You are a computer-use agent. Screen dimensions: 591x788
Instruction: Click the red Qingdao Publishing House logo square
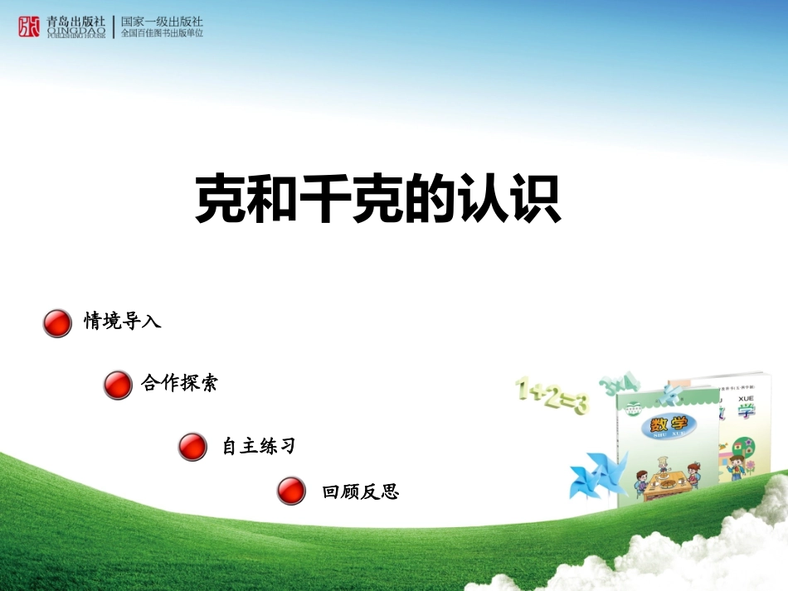28,27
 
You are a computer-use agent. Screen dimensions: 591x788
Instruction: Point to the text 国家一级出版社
162,21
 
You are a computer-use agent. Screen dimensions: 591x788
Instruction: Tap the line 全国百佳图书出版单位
162,33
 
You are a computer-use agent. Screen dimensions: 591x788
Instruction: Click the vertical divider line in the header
114,27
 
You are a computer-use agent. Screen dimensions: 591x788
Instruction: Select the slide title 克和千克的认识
377,200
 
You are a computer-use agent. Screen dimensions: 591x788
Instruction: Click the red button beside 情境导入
57,323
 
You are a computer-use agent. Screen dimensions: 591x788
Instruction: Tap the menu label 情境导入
122,321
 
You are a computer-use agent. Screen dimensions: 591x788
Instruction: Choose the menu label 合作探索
179,383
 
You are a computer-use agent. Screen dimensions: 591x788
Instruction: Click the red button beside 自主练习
192,446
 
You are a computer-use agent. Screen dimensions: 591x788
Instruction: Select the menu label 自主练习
258,446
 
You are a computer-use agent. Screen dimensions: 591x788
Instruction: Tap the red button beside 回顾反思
291,491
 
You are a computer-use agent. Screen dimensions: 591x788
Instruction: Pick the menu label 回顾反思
360,492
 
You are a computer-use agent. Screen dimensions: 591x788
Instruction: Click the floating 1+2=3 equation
552,395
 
